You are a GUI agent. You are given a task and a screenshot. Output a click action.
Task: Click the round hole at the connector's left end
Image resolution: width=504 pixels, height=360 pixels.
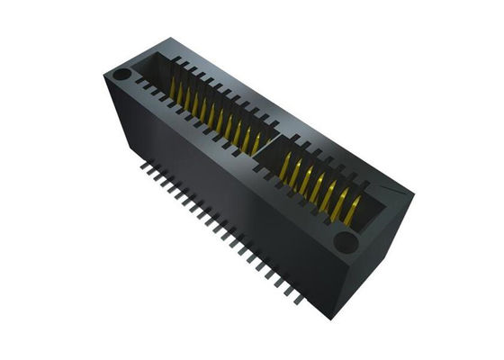click(121, 73)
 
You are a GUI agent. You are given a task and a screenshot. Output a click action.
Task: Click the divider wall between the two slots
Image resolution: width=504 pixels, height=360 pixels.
click(261, 148)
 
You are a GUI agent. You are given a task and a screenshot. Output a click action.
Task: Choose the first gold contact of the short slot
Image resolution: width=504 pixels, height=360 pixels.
click(286, 164)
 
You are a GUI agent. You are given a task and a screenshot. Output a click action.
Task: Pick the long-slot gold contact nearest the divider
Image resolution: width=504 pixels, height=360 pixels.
click(256, 140)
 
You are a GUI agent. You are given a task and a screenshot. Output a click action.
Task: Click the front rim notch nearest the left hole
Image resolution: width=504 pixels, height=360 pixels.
click(142, 86)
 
